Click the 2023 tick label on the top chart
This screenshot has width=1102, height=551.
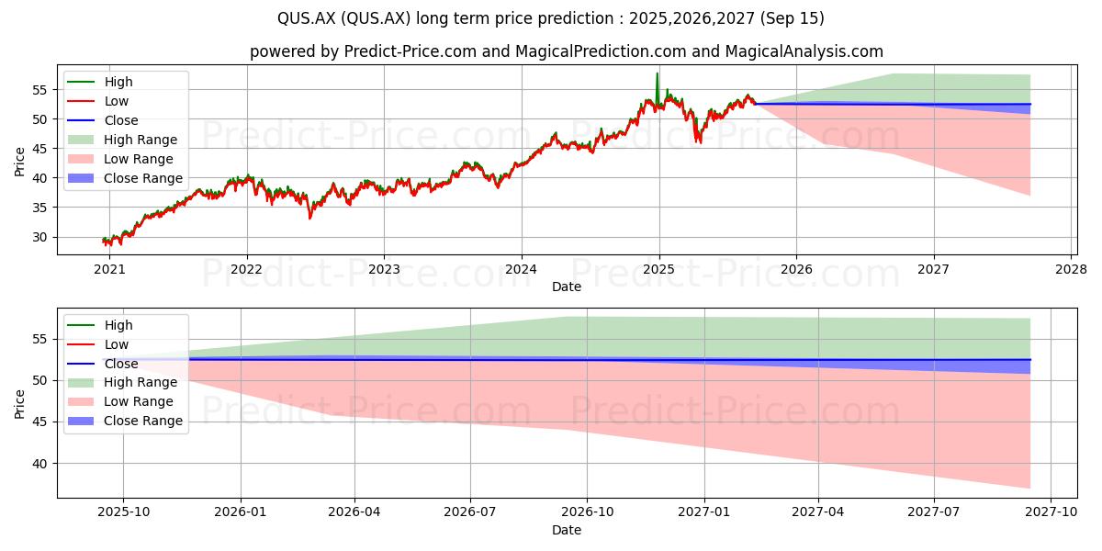point(384,270)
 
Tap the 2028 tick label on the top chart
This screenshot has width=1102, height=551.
point(1072,270)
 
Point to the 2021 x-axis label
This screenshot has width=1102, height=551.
point(109,270)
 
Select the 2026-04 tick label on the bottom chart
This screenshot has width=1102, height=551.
point(354,512)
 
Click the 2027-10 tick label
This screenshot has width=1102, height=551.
point(1051,512)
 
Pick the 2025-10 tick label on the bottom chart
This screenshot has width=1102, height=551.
point(123,512)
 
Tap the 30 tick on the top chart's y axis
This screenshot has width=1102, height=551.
point(39,237)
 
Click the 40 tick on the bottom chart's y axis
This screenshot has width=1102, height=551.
point(39,464)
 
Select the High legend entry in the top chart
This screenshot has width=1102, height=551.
point(100,82)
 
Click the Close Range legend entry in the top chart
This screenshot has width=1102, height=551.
point(125,178)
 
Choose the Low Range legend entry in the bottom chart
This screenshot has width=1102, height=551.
point(120,401)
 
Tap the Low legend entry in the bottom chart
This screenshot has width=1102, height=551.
point(98,344)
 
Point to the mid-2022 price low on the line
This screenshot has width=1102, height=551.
point(310,217)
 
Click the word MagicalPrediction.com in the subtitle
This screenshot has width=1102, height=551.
point(601,51)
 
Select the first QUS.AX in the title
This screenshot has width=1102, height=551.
point(307,18)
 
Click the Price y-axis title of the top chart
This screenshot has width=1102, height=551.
point(19,162)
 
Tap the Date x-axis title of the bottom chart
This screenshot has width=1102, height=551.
point(567,530)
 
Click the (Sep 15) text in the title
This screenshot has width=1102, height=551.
point(792,18)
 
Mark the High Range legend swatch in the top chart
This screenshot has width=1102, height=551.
point(80,140)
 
